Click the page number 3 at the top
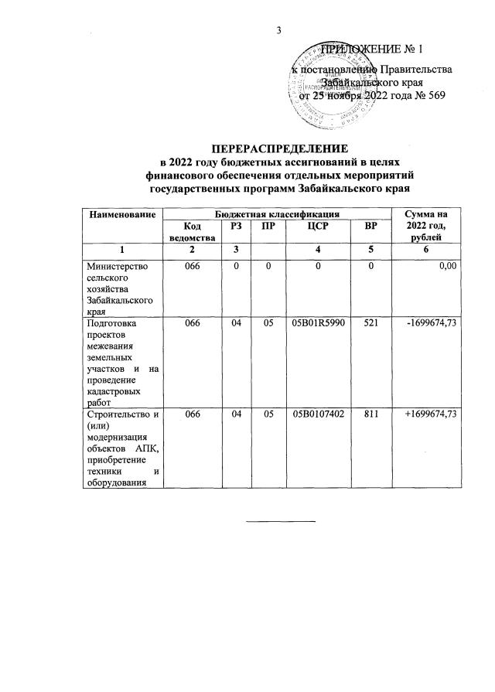click(278, 31)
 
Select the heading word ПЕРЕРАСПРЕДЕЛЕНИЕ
click(281, 147)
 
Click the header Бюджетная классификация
click(275, 213)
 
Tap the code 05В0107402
click(318, 415)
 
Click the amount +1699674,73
click(431, 415)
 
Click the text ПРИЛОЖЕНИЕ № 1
click(373, 49)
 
